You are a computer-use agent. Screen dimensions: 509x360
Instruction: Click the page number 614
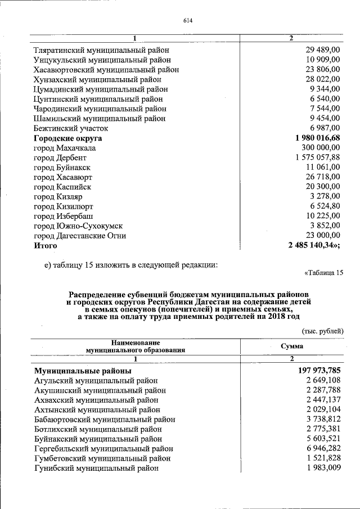click(188, 21)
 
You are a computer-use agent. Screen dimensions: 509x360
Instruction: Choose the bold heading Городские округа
click(68, 138)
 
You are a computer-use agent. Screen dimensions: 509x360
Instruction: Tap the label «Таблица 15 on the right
click(323, 273)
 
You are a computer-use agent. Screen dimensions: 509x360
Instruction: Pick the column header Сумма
click(292, 346)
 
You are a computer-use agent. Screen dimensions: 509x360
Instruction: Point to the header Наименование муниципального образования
click(136, 346)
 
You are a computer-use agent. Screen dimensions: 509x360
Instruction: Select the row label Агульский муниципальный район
click(96, 381)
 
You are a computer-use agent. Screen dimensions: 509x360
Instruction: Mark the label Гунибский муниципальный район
click(96, 468)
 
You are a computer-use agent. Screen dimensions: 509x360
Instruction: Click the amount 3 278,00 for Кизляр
click(325, 196)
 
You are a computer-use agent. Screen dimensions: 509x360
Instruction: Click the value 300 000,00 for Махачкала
click(319, 148)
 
